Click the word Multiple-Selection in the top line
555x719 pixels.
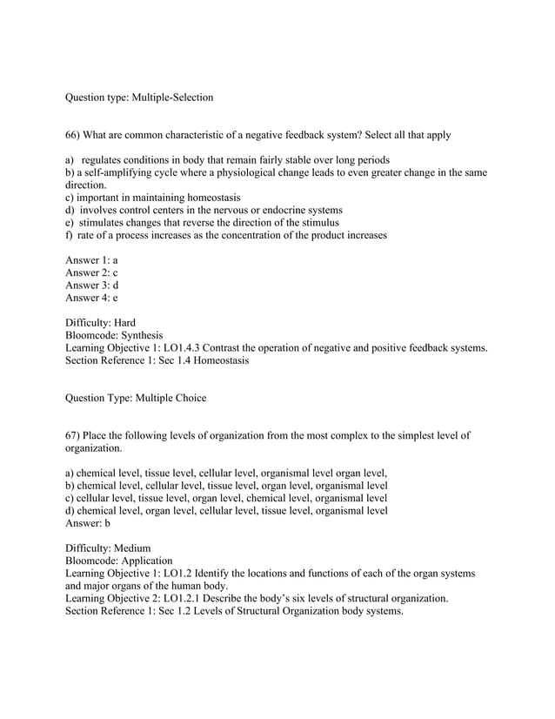[x=171, y=97]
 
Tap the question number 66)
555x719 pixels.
[x=76, y=136]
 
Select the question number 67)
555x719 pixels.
[x=76, y=434]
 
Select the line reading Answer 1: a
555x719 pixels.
[x=92, y=260]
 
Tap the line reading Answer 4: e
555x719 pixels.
[x=92, y=297]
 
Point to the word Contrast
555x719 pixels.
[x=226, y=347]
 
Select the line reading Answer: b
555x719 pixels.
[x=88, y=523]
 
